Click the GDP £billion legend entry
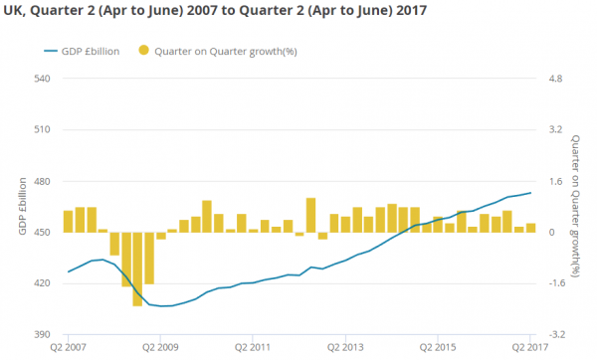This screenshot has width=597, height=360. (x=85, y=51)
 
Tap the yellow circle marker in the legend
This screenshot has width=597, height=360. (x=144, y=51)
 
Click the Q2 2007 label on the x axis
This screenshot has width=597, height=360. (x=69, y=348)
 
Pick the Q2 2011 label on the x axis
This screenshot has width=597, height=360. (x=254, y=348)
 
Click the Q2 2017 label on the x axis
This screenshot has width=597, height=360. (x=530, y=348)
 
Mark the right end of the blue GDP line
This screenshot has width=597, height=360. (x=530, y=193)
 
